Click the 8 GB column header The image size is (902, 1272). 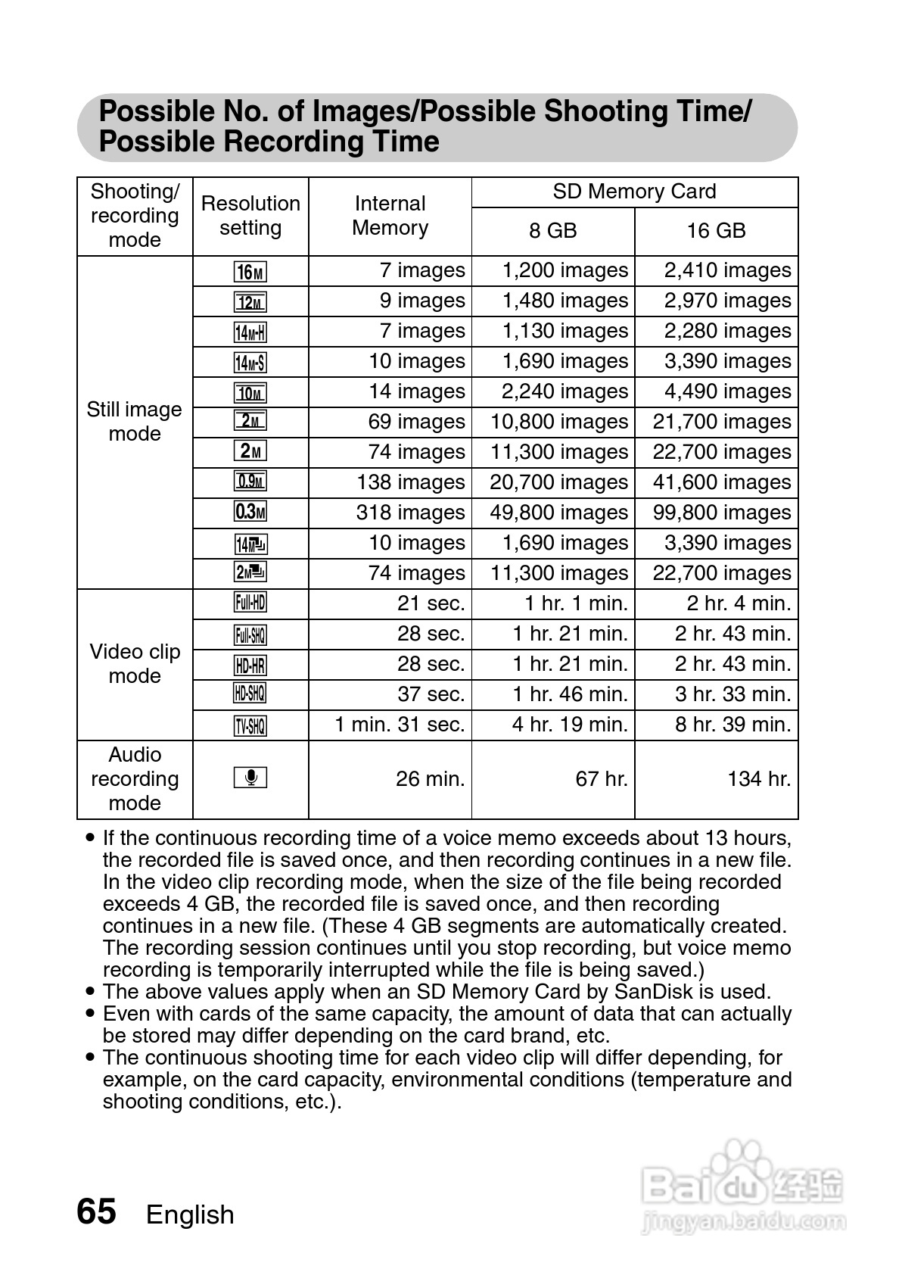coord(552,231)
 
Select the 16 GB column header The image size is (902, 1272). coord(716,231)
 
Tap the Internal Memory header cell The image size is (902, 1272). coord(390,216)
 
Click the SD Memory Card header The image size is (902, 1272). coord(634,192)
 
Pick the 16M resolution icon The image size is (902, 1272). coord(250,272)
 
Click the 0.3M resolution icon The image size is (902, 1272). coord(250,513)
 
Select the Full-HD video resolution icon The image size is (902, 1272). coord(250,603)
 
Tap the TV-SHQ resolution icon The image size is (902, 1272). coord(250,725)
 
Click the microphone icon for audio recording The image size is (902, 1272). coord(250,778)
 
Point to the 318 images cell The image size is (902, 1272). coord(410,513)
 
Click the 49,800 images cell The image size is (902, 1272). coord(558,513)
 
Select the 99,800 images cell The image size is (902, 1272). coord(722,513)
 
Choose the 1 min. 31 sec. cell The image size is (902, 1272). coord(400,725)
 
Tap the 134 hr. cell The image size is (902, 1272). coord(759,779)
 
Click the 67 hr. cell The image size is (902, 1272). coord(602,779)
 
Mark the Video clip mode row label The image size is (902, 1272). coord(135,664)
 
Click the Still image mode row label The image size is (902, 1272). coord(135,422)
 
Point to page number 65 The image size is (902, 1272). coord(97,1211)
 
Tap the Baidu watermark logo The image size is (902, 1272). coord(742,1185)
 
